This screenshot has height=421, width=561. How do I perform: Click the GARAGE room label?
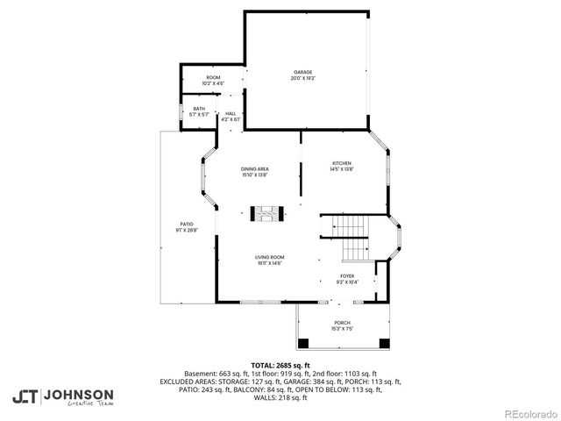point(302,72)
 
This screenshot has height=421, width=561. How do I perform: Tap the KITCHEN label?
point(341,164)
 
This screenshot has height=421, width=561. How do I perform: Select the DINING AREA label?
point(255,168)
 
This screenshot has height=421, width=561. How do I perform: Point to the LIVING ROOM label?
point(269,257)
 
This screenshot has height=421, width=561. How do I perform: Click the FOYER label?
point(347,275)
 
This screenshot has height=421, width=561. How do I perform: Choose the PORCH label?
point(341,323)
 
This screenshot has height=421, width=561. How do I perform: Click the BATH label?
point(199,109)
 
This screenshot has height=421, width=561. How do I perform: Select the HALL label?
point(231,113)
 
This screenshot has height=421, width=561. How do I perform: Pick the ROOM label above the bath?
point(213,77)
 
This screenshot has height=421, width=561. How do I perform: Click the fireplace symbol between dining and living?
point(266,212)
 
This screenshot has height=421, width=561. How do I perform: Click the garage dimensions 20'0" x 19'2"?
point(302,78)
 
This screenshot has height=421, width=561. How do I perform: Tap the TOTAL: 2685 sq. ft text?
point(280,365)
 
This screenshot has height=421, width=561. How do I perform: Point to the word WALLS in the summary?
point(261,398)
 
